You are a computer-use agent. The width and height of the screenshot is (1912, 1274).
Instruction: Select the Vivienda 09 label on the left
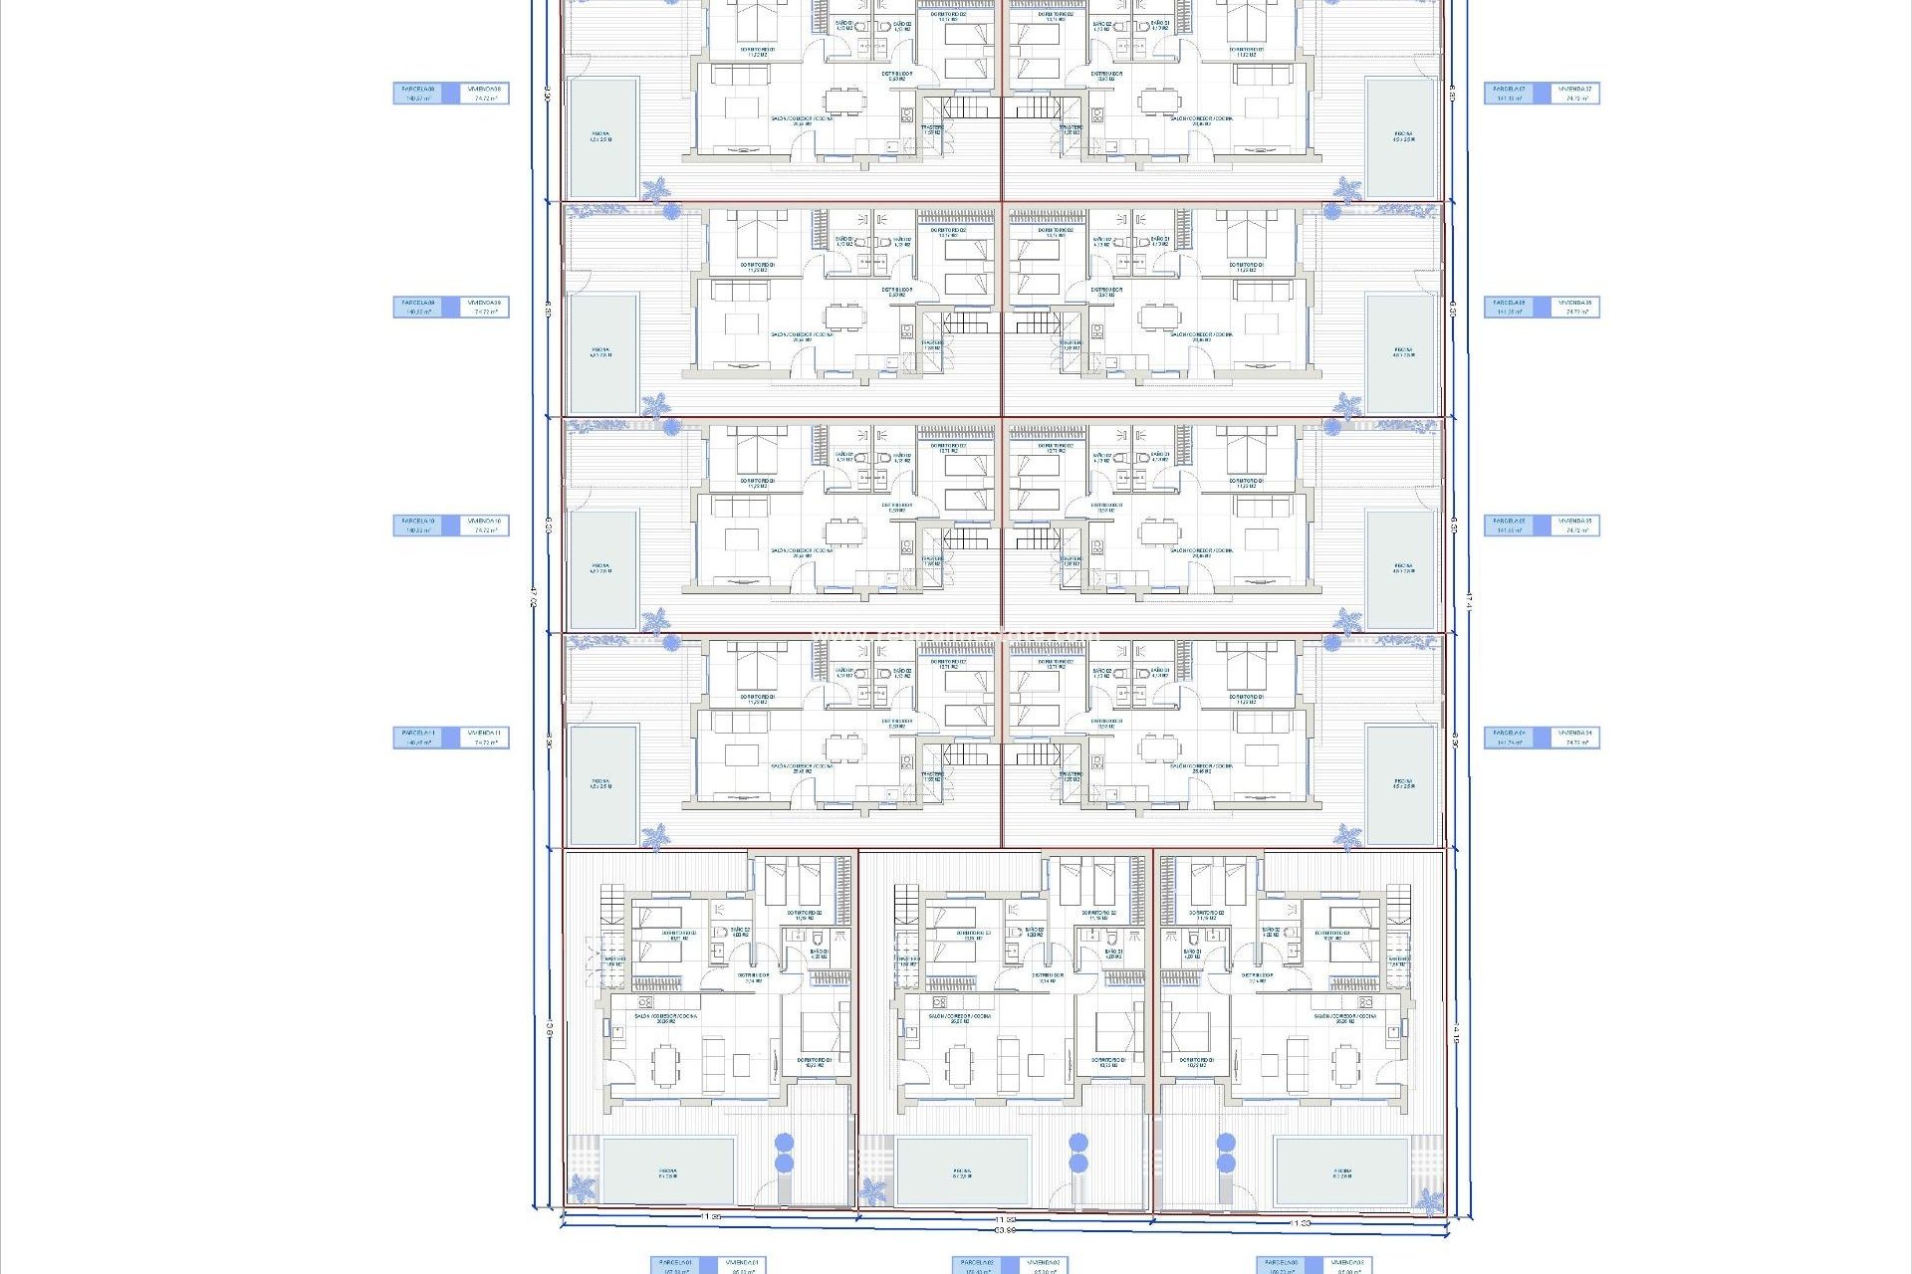[x=485, y=307]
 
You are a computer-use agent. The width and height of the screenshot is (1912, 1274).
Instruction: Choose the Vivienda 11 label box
[x=485, y=737]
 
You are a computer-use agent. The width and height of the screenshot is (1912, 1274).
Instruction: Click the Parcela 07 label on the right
[x=1510, y=93]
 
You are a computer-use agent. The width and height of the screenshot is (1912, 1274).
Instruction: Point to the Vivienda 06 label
[x=1575, y=307]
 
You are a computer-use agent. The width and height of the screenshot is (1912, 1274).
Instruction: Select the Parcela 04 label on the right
[x=1510, y=737]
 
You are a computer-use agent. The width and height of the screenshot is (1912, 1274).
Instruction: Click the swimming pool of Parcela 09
[x=602, y=353]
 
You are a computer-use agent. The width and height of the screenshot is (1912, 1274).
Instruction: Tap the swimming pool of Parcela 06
[x=1402, y=353]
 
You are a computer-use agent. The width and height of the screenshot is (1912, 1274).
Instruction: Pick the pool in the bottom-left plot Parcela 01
[x=667, y=1171]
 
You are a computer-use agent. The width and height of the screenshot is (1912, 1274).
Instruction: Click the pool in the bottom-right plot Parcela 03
[x=1341, y=1171]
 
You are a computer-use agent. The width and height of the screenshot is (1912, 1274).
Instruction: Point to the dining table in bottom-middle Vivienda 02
[x=958, y=1063]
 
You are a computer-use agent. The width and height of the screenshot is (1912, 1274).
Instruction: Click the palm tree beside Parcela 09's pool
[x=655, y=404]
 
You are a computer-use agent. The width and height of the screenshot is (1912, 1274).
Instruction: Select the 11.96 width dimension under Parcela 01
[x=710, y=1217]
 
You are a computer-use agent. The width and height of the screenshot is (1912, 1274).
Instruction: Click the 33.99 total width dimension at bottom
[x=1005, y=1231]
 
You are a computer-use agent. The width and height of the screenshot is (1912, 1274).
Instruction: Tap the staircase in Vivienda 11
[x=963, y=752]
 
